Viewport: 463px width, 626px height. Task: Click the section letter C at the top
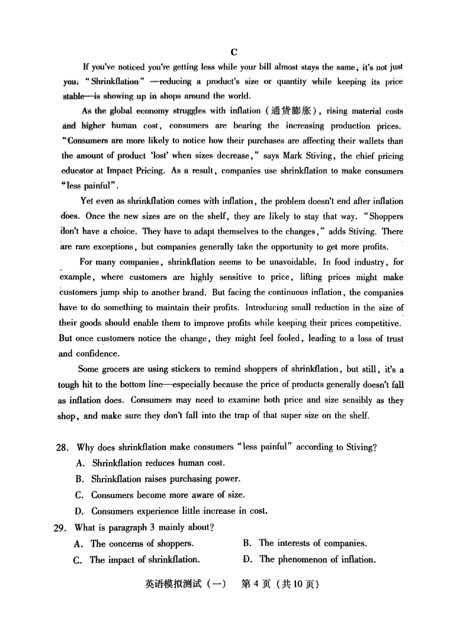pos(234,52)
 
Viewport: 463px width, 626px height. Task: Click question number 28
pos(62,448)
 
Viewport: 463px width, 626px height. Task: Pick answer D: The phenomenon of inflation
pos(310,559)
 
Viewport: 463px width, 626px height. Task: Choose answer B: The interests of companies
pos(305,543)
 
